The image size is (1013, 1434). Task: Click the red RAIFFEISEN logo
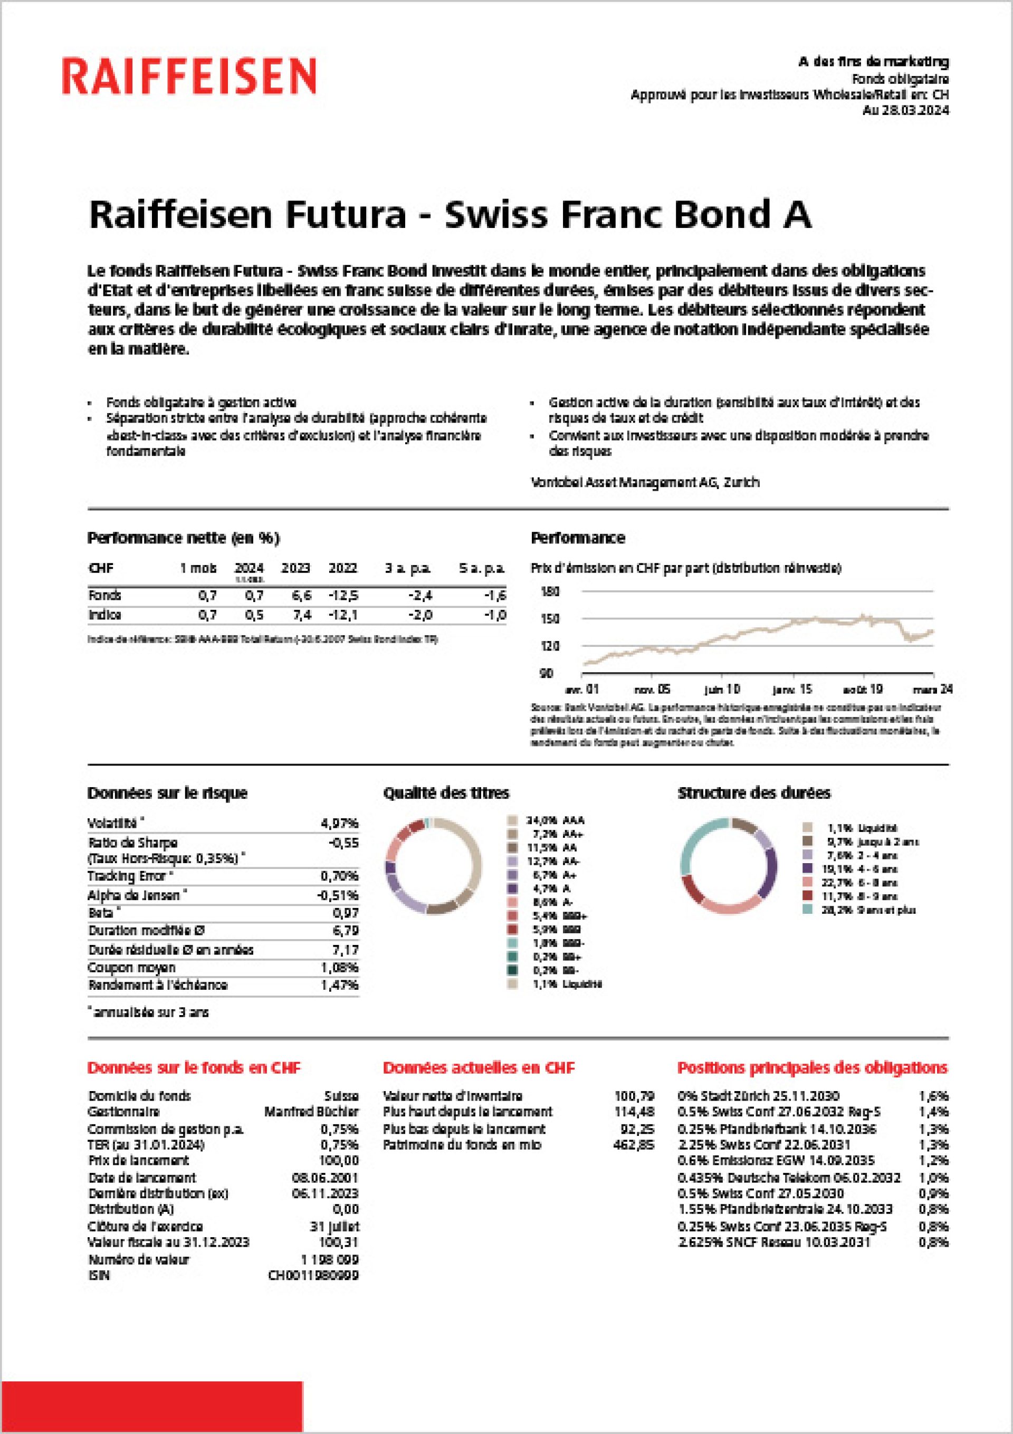point(188,76)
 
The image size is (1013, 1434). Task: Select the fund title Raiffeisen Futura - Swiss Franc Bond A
point(450,214)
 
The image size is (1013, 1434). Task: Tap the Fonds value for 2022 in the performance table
point(343,595)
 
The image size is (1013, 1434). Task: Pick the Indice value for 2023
point(302,615)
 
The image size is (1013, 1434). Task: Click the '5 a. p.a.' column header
point(482,568)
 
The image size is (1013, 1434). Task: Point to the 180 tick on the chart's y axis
point(550,591)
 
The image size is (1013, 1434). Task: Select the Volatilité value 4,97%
point(340,823)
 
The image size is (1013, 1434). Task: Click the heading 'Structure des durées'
point(754,793)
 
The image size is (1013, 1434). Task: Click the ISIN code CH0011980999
point(313,1275)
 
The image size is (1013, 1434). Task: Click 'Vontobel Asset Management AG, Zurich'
point(645,482)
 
